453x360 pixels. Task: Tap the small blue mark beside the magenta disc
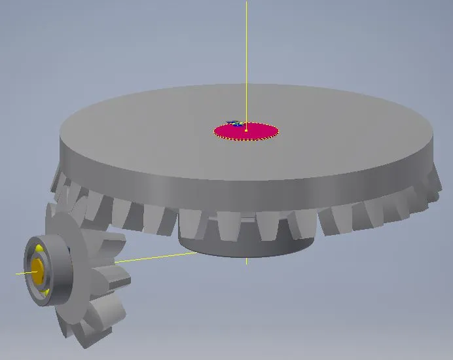tap(232, 122)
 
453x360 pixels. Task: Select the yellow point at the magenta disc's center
tap(246, 131)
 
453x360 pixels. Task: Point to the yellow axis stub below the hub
tap(246, 261)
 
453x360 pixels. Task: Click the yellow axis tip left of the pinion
tap(20, 273)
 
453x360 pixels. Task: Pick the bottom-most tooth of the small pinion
tap(88, 337)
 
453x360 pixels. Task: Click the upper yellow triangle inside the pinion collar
tap(41, 249)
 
